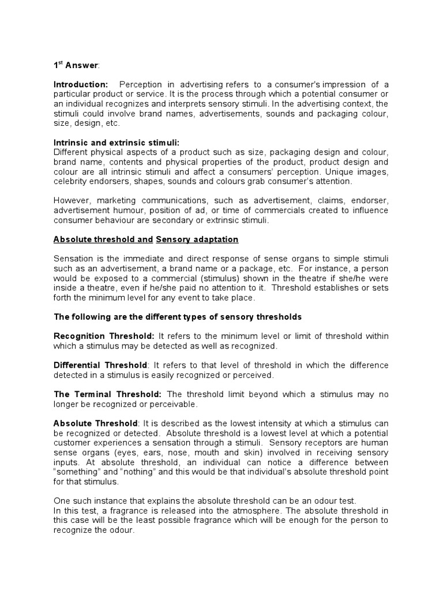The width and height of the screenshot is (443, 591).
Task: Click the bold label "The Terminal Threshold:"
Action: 107,394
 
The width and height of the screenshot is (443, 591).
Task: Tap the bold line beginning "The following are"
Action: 178,317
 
